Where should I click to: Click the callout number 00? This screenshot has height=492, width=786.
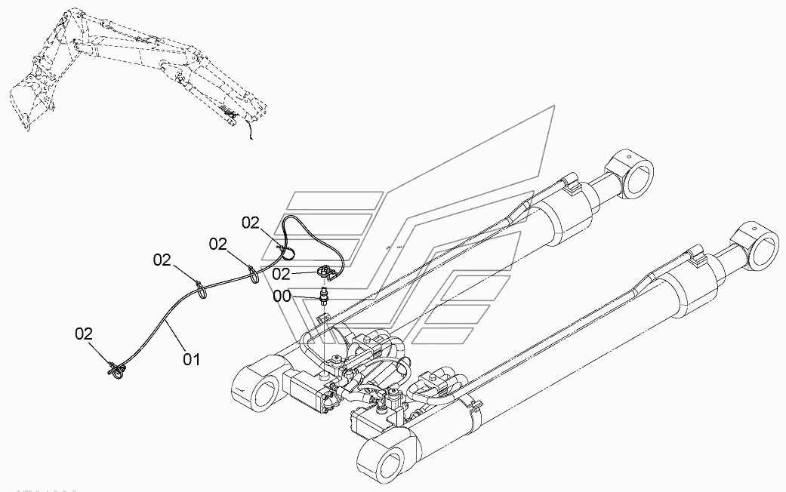click(282, 296)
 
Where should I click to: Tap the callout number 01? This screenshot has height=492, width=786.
click(191, 359)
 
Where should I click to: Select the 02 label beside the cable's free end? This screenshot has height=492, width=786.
click(85, 334)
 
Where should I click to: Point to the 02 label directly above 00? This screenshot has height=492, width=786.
click(281, 274)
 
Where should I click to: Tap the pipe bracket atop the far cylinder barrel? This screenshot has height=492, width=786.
click(571, 184)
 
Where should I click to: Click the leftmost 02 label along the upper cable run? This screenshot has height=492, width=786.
click(162, 260)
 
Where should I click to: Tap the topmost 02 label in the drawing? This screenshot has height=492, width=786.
click(251, 223)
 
